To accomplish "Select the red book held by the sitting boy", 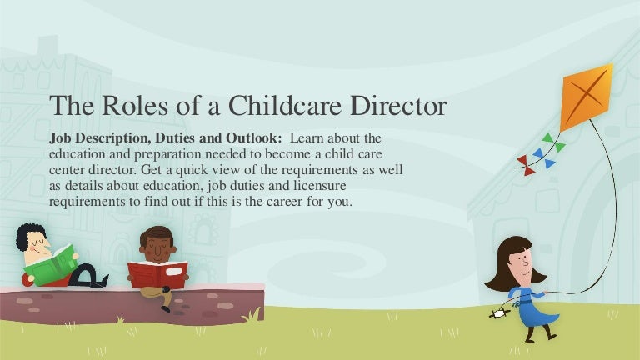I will (157, 273).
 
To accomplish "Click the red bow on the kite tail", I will (526, 164).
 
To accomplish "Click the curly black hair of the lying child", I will (27, 237).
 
